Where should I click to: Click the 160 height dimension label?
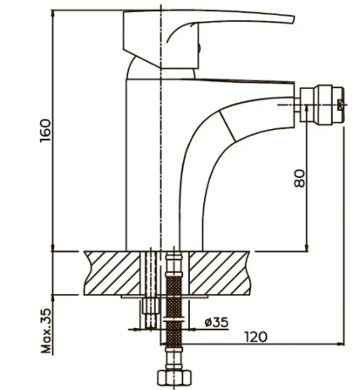coord(46,131)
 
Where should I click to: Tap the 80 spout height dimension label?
coord(300,178)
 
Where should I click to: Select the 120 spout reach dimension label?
coord(256,337)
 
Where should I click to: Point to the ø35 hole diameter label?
coord(217,322)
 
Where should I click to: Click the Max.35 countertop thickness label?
coord(47,331)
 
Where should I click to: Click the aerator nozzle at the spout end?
coord(323,105)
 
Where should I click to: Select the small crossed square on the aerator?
coord(341,105)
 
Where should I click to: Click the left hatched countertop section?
coord(113,273)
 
